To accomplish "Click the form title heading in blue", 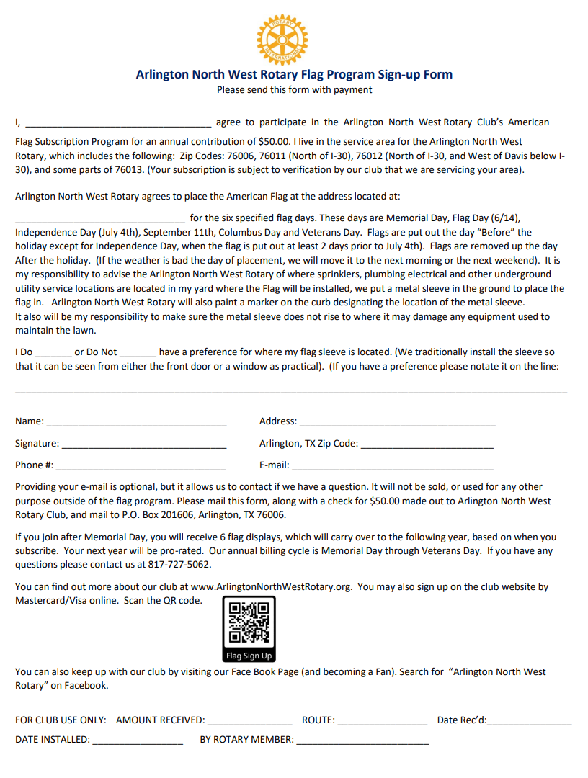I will (x=294, y=74).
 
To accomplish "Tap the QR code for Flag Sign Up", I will (x=249, y=623).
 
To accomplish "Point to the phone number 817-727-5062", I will (x=179, y=564).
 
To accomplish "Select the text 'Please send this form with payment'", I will (x=295, y=90).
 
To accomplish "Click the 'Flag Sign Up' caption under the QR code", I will (x=249, y=656).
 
